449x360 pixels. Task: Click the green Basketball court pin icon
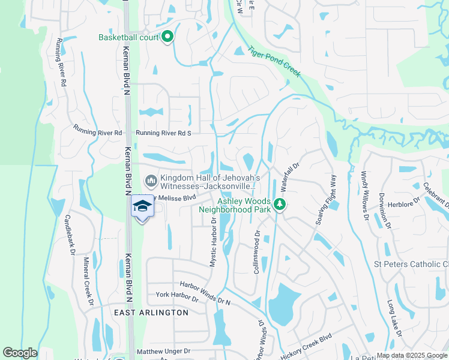(167, 37)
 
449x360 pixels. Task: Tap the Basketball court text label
(128, 37)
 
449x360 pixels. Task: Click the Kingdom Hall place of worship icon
(151, 180)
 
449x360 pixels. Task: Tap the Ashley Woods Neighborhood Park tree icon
(279, 205)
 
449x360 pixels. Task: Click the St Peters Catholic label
(411, 264)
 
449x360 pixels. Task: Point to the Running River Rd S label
(163, 133)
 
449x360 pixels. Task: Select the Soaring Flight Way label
(325, 201)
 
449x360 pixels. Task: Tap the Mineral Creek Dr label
(89, 281)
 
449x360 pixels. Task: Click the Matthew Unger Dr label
(163, 351)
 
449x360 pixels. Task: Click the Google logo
(20, 353)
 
